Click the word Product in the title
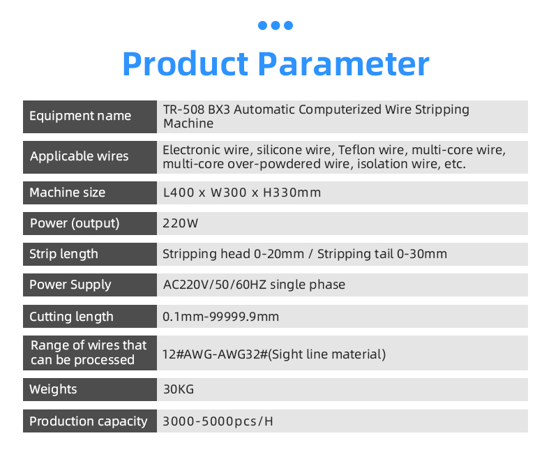point(186,64)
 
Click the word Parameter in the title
point(344,64)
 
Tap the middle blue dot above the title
point(275,25)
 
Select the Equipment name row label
point(80,116)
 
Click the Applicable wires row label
point(79,156)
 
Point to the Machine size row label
point(68,193)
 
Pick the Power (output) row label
point(75,223)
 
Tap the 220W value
point(181,223)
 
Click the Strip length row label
point(63,254)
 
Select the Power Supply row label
point(70,285)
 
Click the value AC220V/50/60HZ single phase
point(254,285)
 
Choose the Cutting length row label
point(71,316)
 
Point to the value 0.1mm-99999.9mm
point(220,316)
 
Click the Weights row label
point(53,389)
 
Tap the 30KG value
point(179,389)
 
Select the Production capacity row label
point(88,421)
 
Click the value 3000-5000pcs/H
point(218,421)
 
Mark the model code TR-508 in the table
point(184,110)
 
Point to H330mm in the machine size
point(292,193)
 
